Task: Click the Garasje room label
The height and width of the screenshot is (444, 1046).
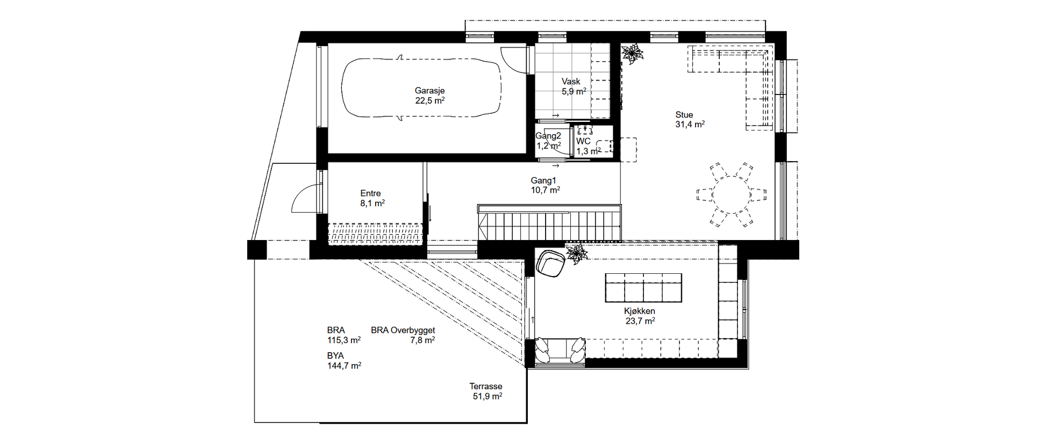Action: [x=429, y=91]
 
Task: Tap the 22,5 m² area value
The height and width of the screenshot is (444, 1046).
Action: [x=429, y=100]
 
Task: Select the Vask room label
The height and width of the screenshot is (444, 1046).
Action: [x=571, y=82]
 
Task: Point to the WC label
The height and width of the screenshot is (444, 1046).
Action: [x=583, y=141]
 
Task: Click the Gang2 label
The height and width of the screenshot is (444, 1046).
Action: [x=548, y=136]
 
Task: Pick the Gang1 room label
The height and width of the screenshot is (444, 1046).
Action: [x=543, y=180]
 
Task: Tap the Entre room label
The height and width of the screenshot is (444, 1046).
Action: [x=370, y=193]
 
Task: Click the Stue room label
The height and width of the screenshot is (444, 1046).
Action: [x=684, y=114]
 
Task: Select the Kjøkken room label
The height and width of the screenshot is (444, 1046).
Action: [x=640, y=311]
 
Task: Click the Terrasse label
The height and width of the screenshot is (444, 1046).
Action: [x=486, y=386]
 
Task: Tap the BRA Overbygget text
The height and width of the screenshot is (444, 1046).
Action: [x=403, y=330]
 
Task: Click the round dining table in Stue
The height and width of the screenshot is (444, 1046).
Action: [x=730, y=193]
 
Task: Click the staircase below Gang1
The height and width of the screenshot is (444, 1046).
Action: [x=549, y=223]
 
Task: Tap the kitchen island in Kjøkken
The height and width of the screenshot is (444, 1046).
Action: [x=643, y=288]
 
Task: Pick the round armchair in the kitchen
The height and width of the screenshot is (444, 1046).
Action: [x=551, y=264]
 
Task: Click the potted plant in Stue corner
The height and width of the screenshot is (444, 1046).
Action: [x=632, y=54]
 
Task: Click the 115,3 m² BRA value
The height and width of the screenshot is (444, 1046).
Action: [x=344, y=340]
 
